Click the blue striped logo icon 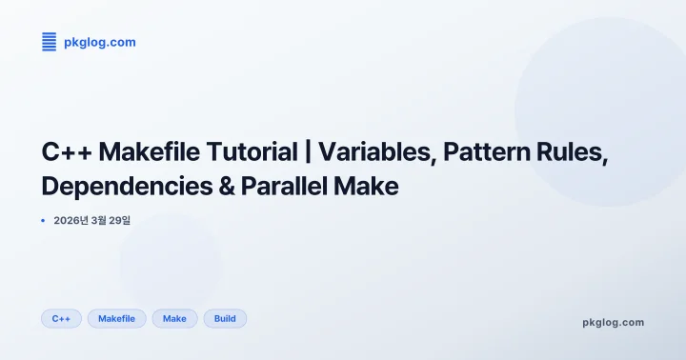pyautogui.click(x=50, y=42)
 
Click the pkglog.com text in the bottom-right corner pyautogui.click(x=613, y=322)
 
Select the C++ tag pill pyautogui.click(x=62, y=318)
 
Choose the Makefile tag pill pyautogui.click(x=116, y=318)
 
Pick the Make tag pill pyautogui.click(x=174, y=318)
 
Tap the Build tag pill pyautogui.click(x=225, y=318)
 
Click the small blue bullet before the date pyautogui.click(x=43, y=221)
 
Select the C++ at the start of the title pyautogui.click(x=67, y=152)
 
